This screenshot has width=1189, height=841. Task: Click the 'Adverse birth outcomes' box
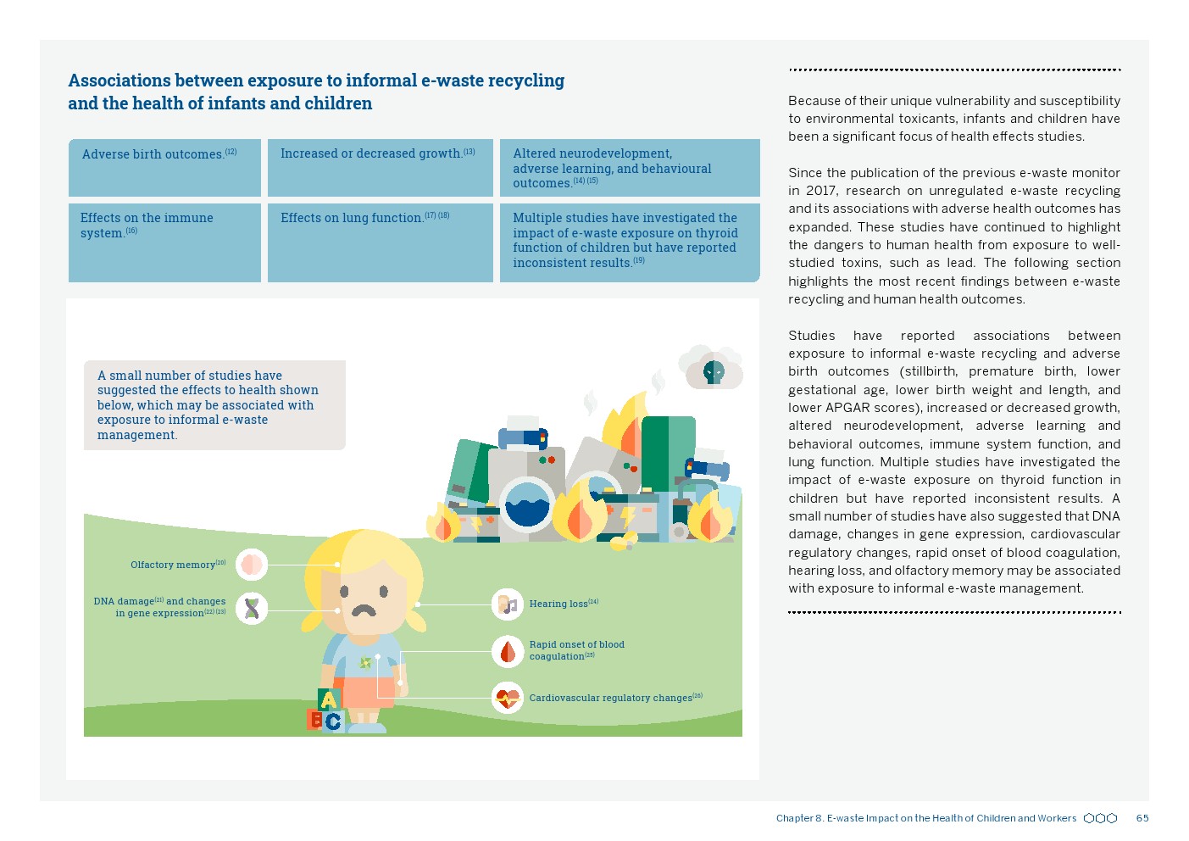point(164,168)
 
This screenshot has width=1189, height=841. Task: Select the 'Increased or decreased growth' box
point(380,168)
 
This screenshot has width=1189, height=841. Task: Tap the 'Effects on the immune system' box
point(164,242)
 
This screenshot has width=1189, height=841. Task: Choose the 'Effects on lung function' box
point(380,242)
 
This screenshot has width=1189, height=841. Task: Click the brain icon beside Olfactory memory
point(252,564)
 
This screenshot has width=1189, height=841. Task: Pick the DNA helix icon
point(252,608)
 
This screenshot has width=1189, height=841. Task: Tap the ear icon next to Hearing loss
point(508,604)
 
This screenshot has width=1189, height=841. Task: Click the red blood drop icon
point(508,651)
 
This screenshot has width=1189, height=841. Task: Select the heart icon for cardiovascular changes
point(508,698)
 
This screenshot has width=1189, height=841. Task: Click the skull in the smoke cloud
point(714,371)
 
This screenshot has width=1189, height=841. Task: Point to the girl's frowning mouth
point(364,610)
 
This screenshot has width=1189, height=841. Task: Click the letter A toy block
point(328,699)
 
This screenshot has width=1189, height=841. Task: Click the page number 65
point(1142,818)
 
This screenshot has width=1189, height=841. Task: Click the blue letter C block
point(333,721)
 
